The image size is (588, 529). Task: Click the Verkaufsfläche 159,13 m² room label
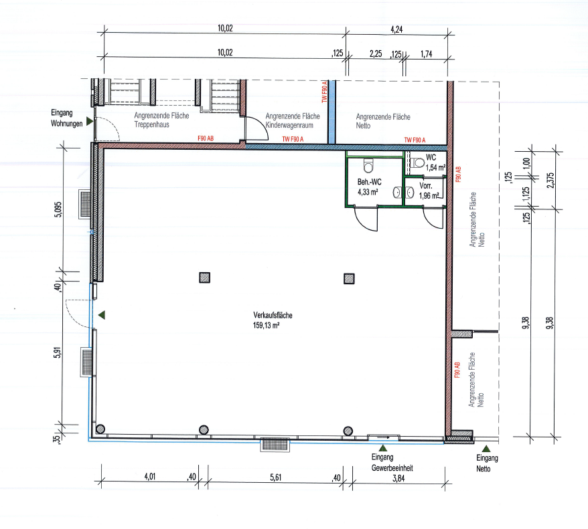pyautogui.click(x=273, y=320)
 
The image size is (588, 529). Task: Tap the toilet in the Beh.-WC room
pyautogui.click(x=368, y=165)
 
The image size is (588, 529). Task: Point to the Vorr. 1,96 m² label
pyautogui.click(x=429, y=191)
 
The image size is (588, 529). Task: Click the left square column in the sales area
pyautogui.click(x=204, y=278)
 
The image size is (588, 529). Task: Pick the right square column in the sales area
pyautogui.click(x=349, y=278)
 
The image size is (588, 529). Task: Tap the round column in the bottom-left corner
pyautogui.click(x=100, y=429)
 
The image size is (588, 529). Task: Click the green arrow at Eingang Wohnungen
pyautogui.click(x=90, y=121)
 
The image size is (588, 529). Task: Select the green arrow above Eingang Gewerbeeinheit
pyautogui.click(x=383, y=448)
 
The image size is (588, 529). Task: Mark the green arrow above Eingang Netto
pyautogui.click(x=486, y=449)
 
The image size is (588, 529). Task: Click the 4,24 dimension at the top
pyautogui.click(x=396, y=29)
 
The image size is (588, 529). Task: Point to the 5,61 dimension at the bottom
pyautogui.click(x=276, y=478)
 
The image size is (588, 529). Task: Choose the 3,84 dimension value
pyautogui.click(x=398, y=478)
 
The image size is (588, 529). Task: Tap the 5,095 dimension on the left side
pyautogui.click(x=58, y=209)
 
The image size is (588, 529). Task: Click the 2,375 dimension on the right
pyautogui.click(x=550, y=181)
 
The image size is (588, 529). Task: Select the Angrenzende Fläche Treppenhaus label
pyautogui.click(x=161, y=120)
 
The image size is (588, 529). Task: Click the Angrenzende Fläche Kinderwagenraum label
pyautogui.click(x=293, y=120)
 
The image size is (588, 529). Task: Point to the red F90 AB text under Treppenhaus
pyautogui.click(x=206, y=138)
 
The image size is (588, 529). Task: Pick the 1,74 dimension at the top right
pyautogui.click(x=427, y=54)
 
